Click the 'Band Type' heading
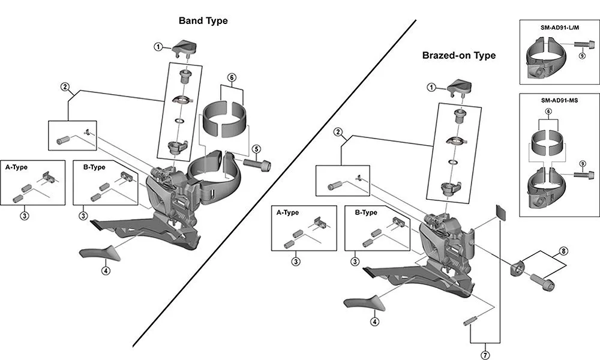[x=203, y=20]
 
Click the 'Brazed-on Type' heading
[x=458, y=55]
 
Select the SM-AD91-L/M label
[x=558, y=28]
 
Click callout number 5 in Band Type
[x=256, y=149]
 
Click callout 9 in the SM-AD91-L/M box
[x=582, y=55]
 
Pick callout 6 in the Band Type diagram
[x=232, y=77]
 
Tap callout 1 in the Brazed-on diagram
[x=431, y=87]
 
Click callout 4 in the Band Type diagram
[x=106, y=271]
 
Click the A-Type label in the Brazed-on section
[x=287, y=212]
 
